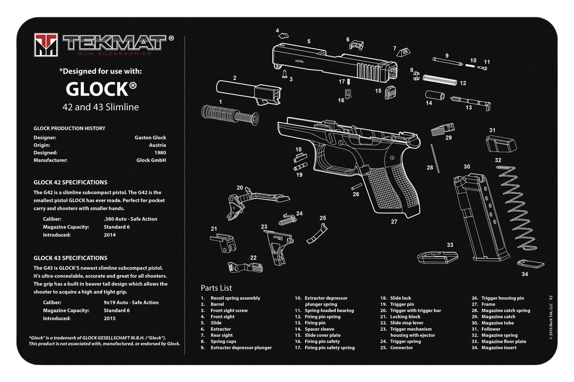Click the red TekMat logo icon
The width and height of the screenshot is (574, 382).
pyautogui.click(x=46, y=45)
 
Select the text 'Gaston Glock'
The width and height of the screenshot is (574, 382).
pyautogui.click(x=150, y=138)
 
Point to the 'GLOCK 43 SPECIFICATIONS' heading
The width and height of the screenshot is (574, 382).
pyautogui.click(x=71, y=258)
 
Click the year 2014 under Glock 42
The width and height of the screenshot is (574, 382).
pyautogui.click(x=110, y=235)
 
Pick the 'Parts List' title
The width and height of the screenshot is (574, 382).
pyautogui.click(x=216, y=288)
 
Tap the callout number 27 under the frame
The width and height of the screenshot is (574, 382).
pyautogui.click(x=394, y=222)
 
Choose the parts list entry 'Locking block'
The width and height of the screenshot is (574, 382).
pyautogui.click(x=405, y=317)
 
